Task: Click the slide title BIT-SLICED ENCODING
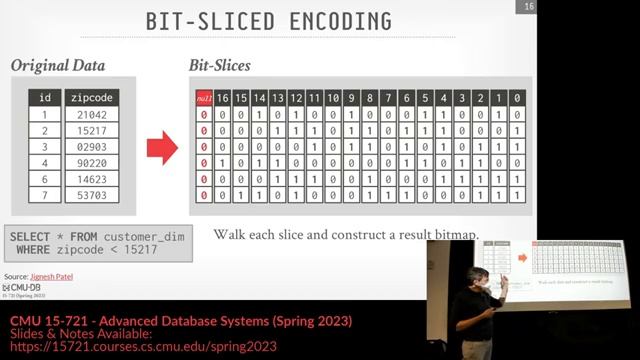269,20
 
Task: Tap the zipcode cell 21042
91,115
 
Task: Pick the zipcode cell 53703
91,195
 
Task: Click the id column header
44,98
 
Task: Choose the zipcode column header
91,98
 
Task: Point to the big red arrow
162,149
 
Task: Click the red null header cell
204,98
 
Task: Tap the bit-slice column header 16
223,98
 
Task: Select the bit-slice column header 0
516,98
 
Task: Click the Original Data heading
56,66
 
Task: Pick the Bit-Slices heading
220,66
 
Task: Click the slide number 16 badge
527,8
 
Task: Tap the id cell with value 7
44,195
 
